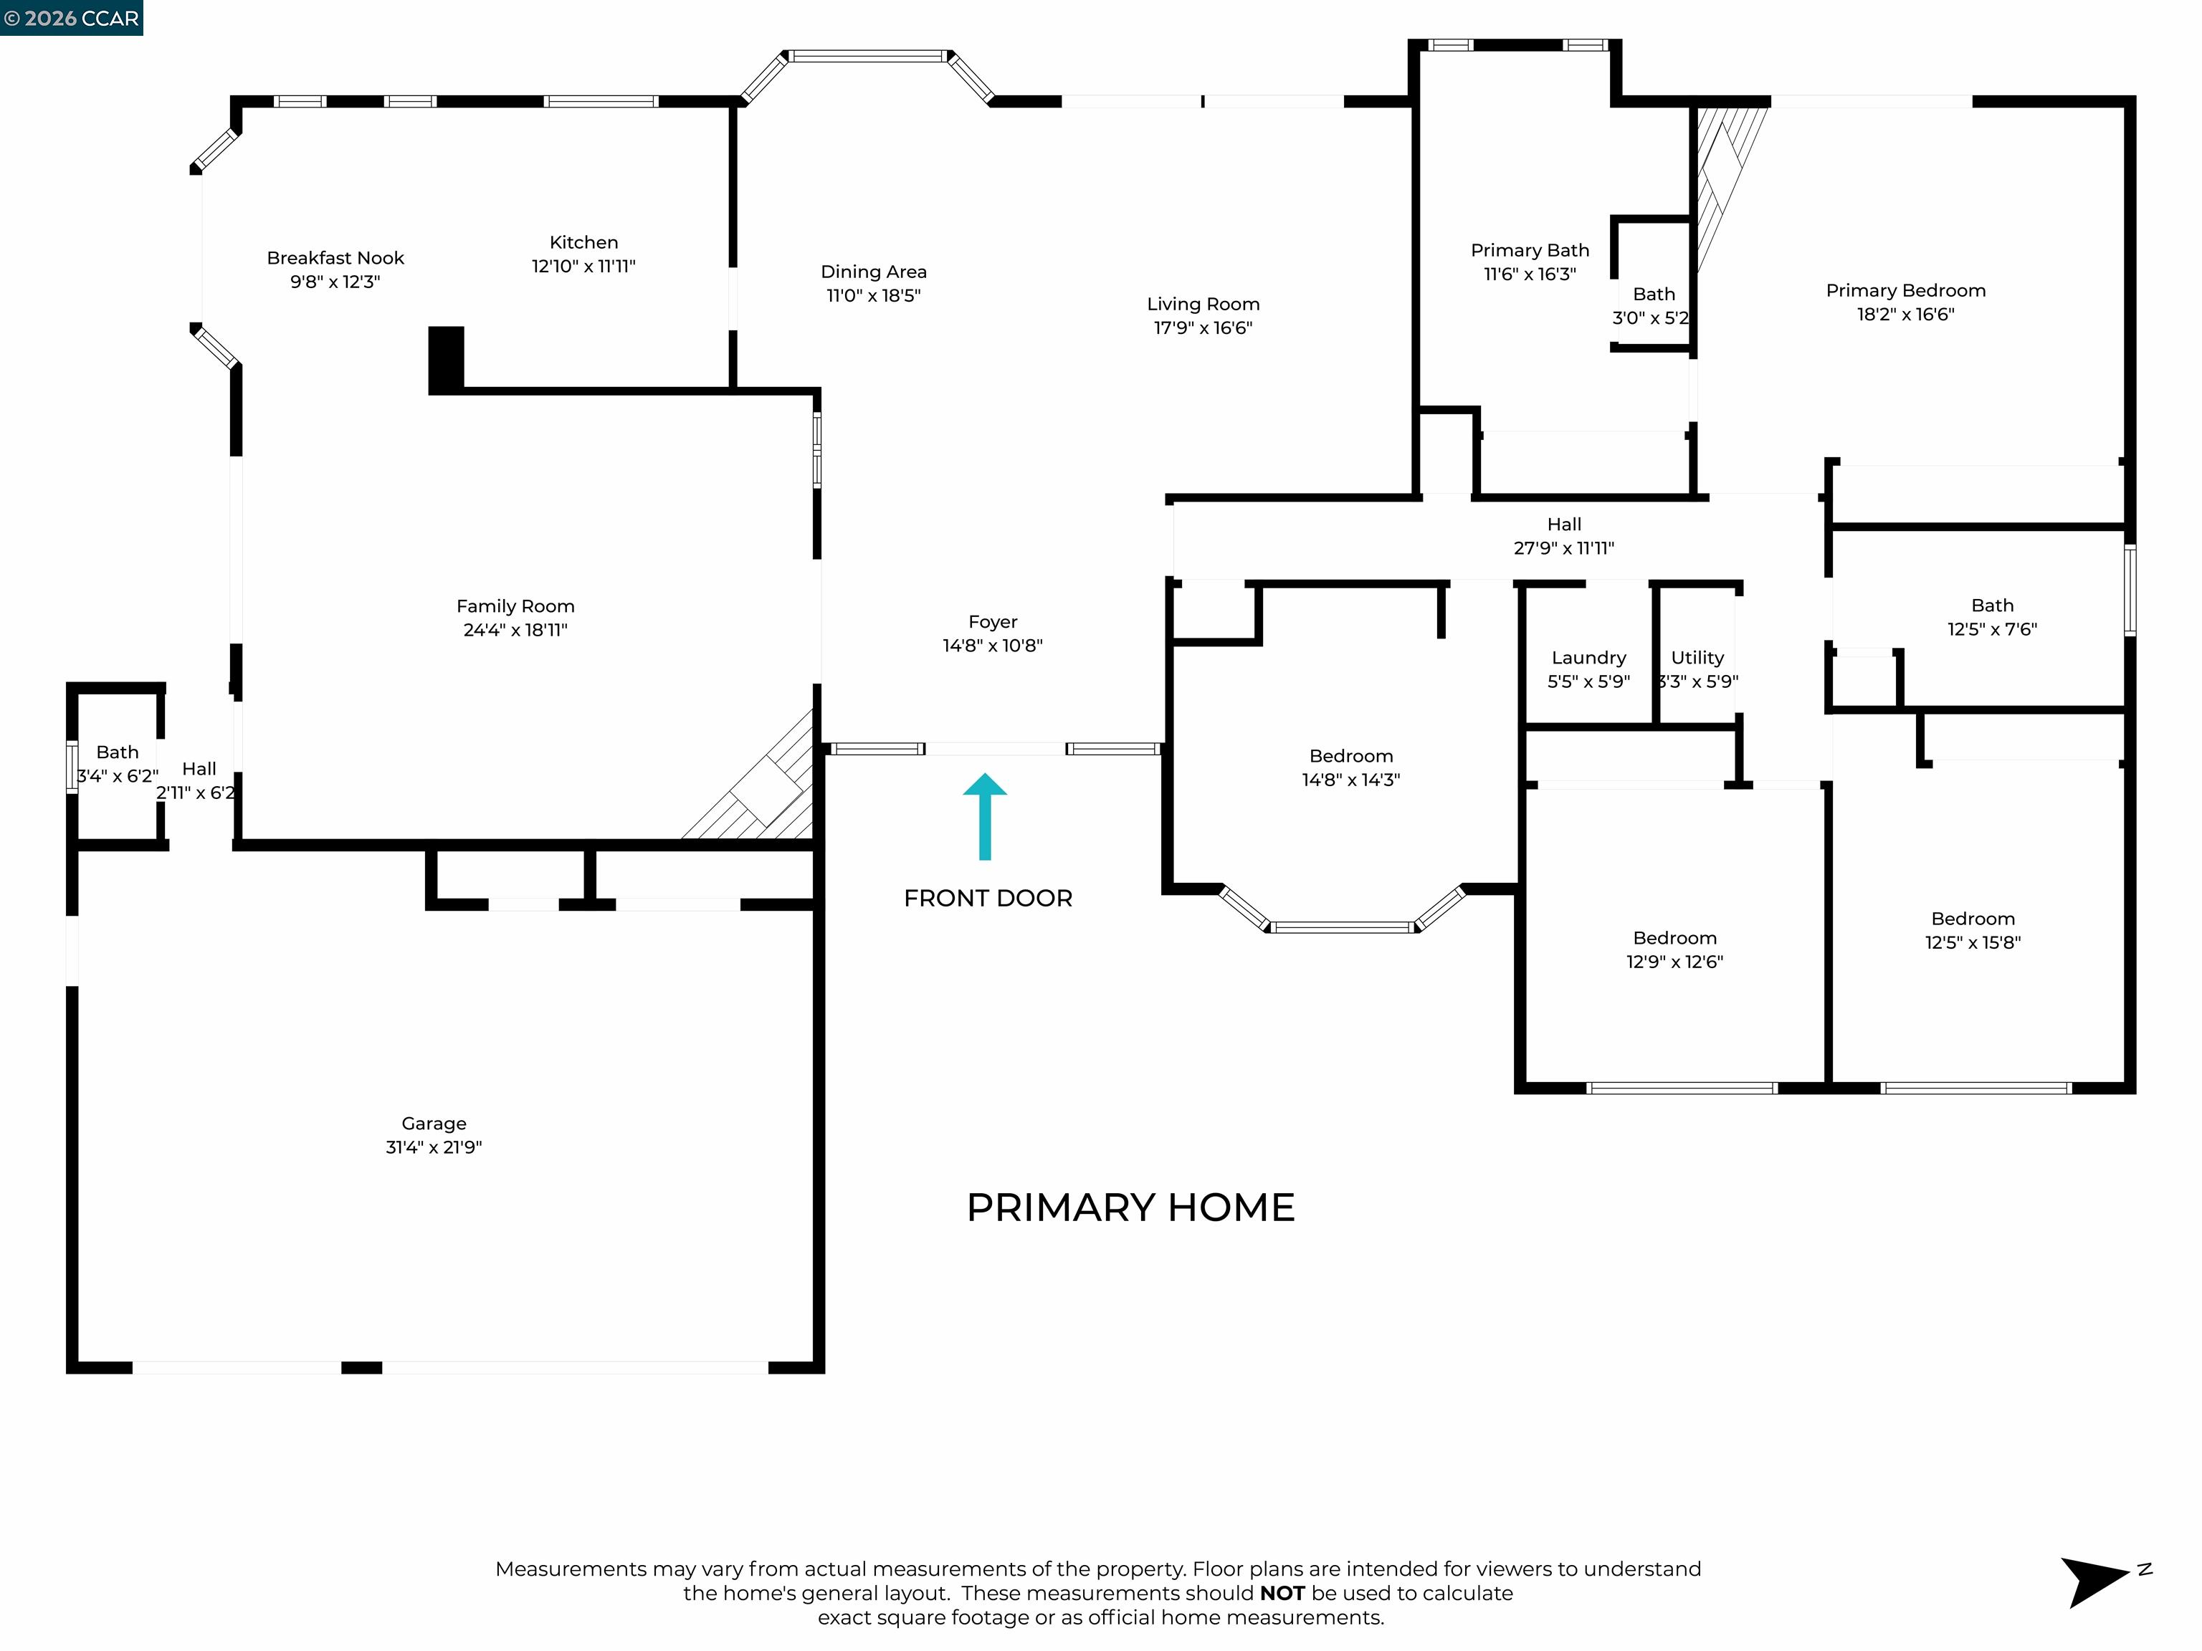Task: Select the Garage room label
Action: (434, 1124)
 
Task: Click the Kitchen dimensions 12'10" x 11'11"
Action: (583, 267)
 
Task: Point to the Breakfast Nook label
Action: (335, 258)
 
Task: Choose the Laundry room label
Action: (1589, 658)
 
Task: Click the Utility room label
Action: (1697, 658)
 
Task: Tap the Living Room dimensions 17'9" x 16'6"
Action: (1203, 328)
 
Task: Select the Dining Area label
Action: (873, 272)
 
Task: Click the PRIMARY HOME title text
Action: (1130, 1208)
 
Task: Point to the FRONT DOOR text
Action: (988, 899)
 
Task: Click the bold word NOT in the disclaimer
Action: (1282, 1593)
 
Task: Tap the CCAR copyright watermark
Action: (72, 18)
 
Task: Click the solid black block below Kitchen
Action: (446, 358)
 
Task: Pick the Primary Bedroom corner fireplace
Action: (1722, 179)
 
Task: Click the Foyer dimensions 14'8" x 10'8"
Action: (993, 646)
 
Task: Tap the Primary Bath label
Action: (1530, 251)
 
